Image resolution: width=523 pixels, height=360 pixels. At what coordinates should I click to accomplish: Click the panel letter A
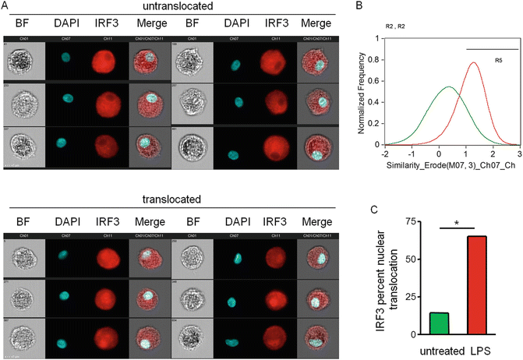coord(5,5)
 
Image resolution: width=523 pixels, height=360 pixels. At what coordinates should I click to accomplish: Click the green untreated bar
coord(440,323)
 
